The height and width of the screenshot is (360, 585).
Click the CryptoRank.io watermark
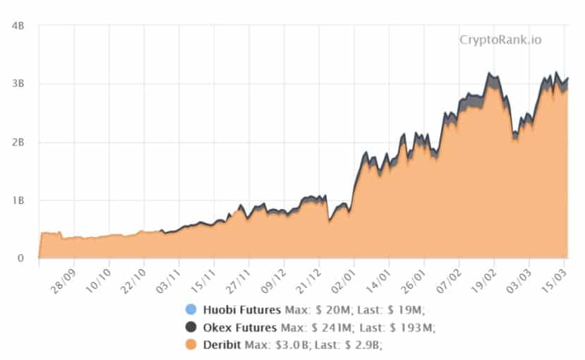(x=501, y=40)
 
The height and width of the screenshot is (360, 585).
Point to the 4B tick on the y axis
(x=19, y=26)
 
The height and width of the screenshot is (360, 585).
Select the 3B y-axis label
(x=19, y=84)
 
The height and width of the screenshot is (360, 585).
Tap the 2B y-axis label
(x=19, y=142)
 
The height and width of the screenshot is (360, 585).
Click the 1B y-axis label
(x=19, y=200)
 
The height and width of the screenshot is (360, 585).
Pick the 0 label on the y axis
(x=22, y=258)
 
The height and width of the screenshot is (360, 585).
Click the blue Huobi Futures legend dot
(x=190, y=309)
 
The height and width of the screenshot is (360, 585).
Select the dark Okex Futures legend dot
(x=190, y=327)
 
